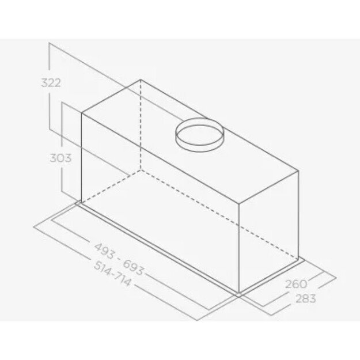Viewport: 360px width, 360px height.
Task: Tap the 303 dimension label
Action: coord(60,158)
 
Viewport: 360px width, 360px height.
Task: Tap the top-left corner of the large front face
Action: coord(81,113)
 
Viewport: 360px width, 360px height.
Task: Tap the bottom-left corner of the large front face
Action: coord(81,203)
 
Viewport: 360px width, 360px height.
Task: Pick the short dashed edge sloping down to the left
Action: coord(111,187)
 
